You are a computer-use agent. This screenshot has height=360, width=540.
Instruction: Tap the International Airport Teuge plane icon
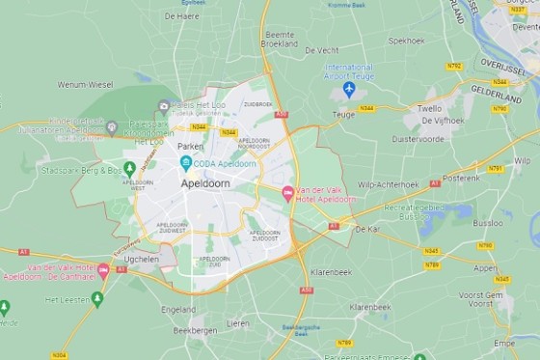click(x=349, y=89)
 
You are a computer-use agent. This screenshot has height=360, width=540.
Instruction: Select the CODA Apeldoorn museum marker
click(x=186, y=162)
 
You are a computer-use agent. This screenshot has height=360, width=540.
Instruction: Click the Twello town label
click(x=430, y=109)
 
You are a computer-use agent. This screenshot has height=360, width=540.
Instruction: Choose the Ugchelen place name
click(x=142, y=260)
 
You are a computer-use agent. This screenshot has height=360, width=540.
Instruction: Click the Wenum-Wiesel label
click(x=85, y=85)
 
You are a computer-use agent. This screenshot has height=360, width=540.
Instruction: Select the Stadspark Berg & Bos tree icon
click(x=129, y=169)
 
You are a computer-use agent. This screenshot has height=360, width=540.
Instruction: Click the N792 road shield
click(x=454, y=67)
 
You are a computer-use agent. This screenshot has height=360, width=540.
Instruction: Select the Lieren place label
click(x=237, y=323)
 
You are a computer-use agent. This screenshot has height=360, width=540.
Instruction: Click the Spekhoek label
click(x=406, y=41)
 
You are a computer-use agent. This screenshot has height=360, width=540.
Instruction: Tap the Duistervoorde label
click(x=418, y=139)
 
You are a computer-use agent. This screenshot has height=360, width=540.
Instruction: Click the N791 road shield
click(x=495, y=169)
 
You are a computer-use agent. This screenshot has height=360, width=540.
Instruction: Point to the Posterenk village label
click(x=460, y=178)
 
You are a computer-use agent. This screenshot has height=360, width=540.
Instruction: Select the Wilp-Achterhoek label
click(x=388, y=183)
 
